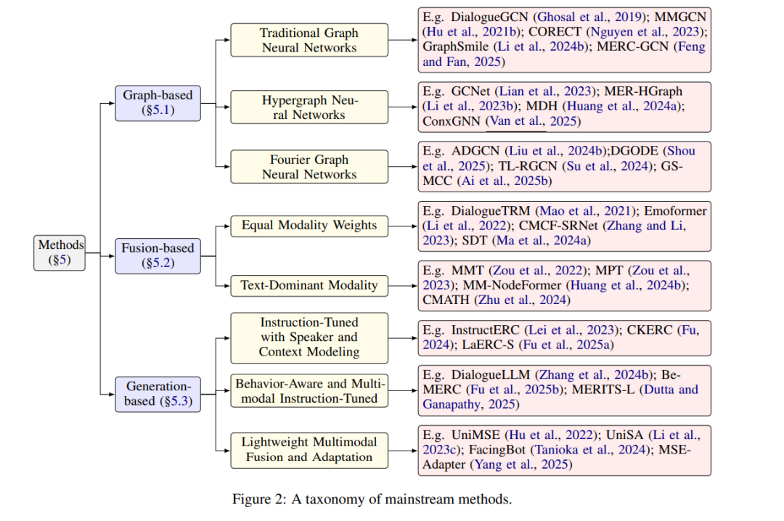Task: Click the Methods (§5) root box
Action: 60,253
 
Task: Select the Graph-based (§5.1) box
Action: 158,103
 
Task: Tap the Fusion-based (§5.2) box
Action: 158,256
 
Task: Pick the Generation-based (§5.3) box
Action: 158,394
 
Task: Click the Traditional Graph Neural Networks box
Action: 309,40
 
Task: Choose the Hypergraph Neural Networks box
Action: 309,107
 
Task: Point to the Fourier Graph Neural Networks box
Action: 309,166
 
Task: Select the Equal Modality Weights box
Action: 309,226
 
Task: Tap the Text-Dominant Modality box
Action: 309,285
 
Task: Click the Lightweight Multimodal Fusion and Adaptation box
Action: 309,450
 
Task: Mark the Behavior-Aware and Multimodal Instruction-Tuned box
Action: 309,390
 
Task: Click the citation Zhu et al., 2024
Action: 523,300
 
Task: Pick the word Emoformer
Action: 675,211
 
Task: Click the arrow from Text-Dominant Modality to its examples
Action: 403,285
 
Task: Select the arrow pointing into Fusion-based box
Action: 107,256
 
